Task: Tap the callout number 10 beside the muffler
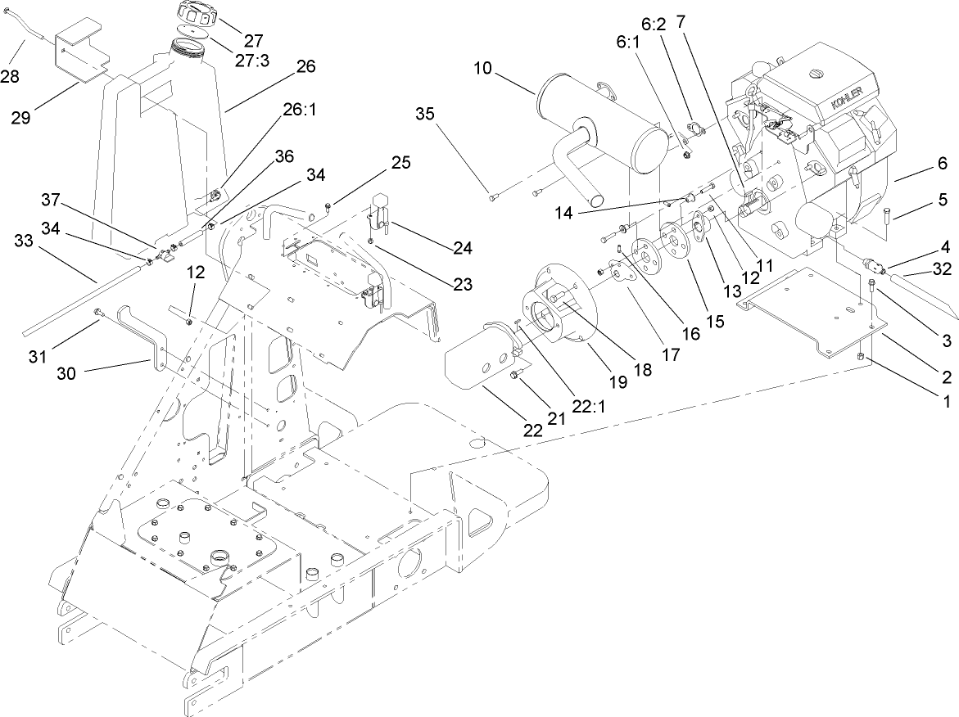482,68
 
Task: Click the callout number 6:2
653,25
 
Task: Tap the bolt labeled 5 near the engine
887,215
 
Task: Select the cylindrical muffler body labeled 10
598,137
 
